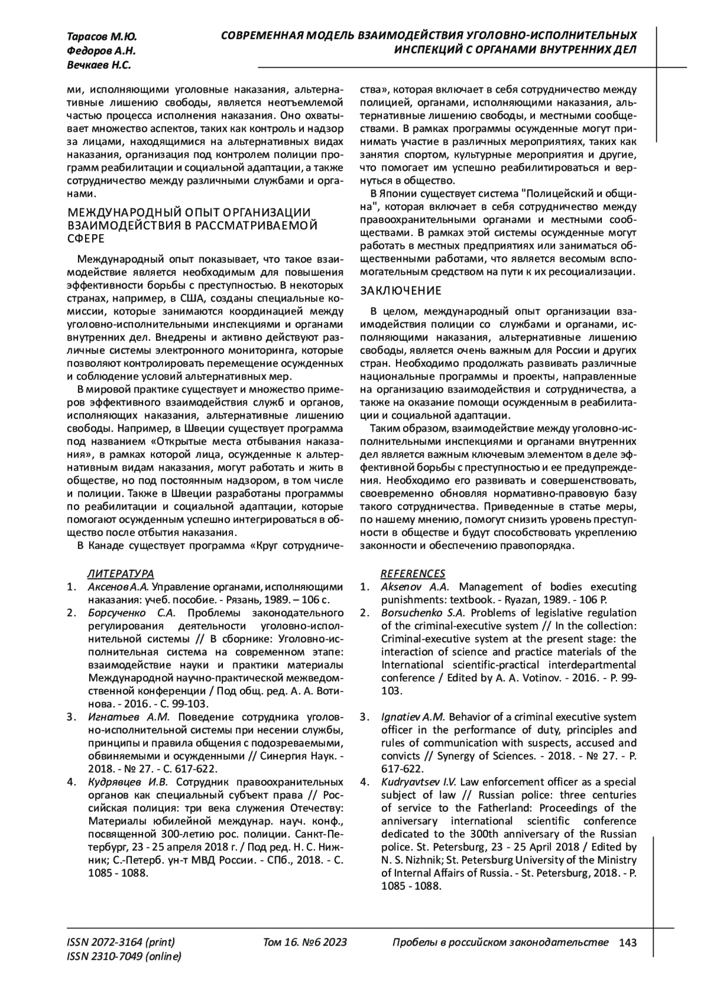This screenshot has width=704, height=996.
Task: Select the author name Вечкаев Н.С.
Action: point(99,65)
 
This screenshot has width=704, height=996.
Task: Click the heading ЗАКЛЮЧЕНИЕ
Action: point(400,291)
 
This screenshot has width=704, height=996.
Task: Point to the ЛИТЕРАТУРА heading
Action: point(121,573)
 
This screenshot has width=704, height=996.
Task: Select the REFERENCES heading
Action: point(413,573)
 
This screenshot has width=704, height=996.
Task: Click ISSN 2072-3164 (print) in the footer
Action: point(121,943)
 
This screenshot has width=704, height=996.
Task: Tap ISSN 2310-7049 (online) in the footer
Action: point(124,957)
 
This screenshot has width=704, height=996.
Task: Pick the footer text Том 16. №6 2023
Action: point(305,943)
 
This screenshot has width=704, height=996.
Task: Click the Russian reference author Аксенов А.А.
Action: point(120,587)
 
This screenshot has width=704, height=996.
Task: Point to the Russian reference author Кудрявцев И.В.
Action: point(128,782)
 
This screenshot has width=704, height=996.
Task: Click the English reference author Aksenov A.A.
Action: point(415,587)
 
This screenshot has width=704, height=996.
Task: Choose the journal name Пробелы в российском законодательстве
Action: point(500,943)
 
